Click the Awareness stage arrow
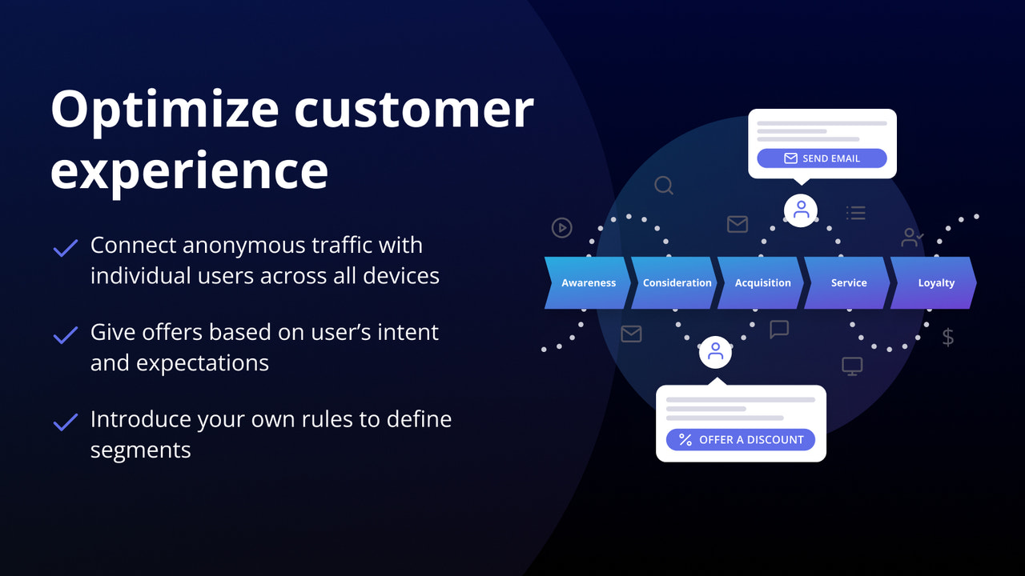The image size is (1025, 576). click(x=588, y=282)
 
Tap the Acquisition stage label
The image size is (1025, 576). click(x=762, y=282)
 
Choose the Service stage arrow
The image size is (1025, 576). click(x=849, y=282)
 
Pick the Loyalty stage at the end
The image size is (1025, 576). click(x=935, y=282)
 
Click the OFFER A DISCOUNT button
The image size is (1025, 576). click(x=740, y=439)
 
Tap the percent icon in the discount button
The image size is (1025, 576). click(x=685, y=439)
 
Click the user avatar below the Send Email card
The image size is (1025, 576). click(x=801, y=210)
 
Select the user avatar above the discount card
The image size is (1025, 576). click(x=715, y=351)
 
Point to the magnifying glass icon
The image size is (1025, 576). click(x=664, y=186)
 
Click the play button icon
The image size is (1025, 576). click(x=562, y=228)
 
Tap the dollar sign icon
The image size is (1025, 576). click(x=948, y=337)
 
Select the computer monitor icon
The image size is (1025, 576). click(x=852, y=366)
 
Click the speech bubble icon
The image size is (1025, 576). click(x=779, y=329)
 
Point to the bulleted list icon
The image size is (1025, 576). click(x=856, y=213)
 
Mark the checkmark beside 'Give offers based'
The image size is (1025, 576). click(x=65, y=334)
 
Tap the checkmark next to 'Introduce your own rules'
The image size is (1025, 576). click(x=65, y=422)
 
